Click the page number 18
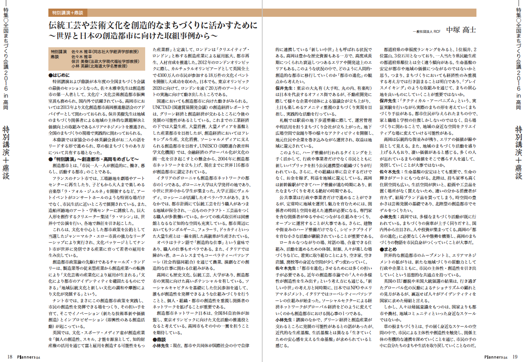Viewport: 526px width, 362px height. coord(10,357)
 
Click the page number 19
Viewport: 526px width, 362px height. coord(515,357)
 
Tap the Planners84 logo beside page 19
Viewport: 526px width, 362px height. coord(496,357)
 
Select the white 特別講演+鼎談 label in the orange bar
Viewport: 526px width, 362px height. coord(68,12)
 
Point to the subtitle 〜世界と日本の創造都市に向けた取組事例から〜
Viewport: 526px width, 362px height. coord(133,36)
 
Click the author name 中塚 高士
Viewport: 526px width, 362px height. coord(461,30)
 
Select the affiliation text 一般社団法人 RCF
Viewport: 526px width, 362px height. coord(426,31)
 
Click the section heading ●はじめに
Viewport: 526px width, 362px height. coord(59,75)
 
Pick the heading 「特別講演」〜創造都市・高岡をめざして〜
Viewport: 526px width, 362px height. coord(94,159)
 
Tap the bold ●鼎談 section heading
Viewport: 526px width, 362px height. coord(160,339)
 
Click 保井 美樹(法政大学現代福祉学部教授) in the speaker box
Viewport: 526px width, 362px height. coord(105,61)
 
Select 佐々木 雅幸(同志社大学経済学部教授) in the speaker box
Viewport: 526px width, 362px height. coord(105,52)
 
